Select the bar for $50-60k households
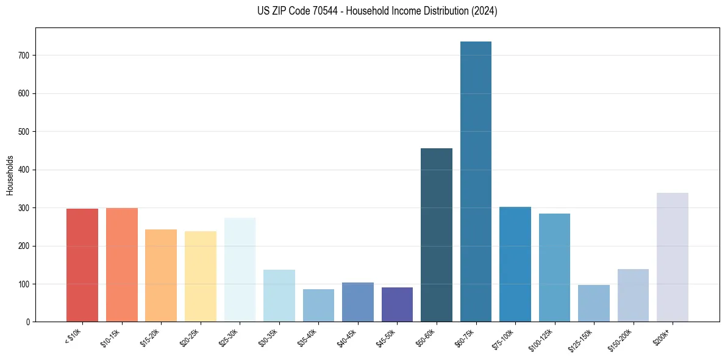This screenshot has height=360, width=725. pyautogui.click(x=437, y=235)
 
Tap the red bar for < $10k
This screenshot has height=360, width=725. pyautogui.click(x=82, y=265)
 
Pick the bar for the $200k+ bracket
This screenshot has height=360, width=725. pyautogui.click(x=673, y=257)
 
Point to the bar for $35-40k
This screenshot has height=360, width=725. pyautogui.click(x=318, y=305)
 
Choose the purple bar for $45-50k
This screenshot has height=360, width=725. pyautogui.click(x=397, y=304)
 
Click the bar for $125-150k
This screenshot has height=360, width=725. pyautogui.click(x=594, y=303)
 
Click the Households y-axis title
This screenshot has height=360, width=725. pyautogui.click(x=10, y=175)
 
